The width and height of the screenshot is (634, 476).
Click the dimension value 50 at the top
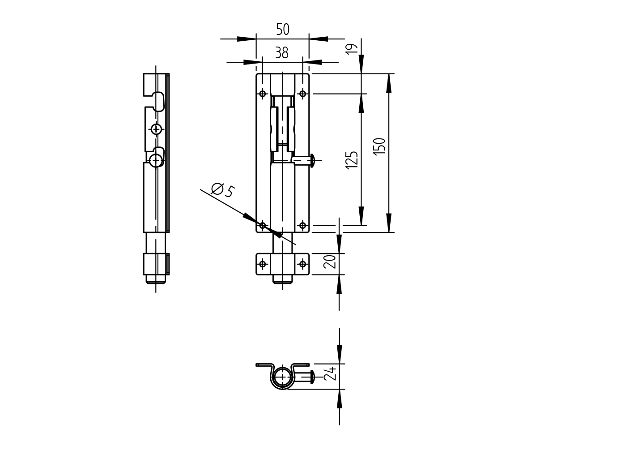tap(282, 30)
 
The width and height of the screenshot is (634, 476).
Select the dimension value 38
tap(281, 53)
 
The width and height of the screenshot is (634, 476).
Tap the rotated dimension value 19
tap(353, 48)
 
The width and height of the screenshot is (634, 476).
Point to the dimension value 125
tap(352, 160)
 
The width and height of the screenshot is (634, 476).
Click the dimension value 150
tap(379, 146)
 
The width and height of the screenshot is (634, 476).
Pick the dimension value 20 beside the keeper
tap(330, 261)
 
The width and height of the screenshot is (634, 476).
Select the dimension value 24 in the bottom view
tap(330, 373)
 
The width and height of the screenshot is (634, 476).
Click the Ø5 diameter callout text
tap(222, 190)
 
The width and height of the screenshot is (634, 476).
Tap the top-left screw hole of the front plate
tap(263, 94)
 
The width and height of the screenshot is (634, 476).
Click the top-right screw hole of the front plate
tap(302, 94)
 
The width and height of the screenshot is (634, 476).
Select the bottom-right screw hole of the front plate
tap(302, 225)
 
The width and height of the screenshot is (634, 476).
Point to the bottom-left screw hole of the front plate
tap(263, 225)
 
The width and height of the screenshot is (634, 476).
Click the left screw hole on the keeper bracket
tap(263, 264)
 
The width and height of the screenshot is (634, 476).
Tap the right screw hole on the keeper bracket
tap(302, 264)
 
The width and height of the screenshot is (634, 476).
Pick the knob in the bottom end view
tap(311, 377)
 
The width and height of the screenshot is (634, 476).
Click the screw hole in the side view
tap(156, 129)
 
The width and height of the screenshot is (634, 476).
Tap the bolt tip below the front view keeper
tap(282, 279)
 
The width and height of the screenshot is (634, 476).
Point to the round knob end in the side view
tap(156, 160)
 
